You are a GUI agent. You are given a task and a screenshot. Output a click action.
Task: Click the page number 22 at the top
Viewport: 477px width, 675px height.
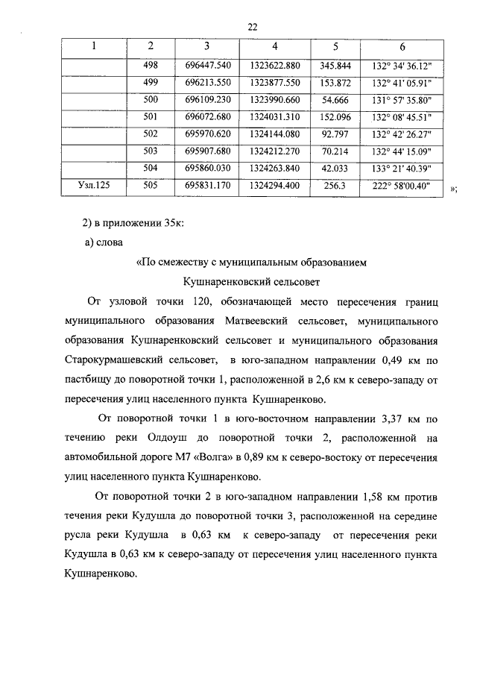(x=252, y=27)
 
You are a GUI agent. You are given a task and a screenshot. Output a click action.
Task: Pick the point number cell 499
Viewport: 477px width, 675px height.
(x=150, y=82)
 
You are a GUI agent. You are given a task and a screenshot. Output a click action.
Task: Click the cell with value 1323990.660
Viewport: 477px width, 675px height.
(x=275, y=99)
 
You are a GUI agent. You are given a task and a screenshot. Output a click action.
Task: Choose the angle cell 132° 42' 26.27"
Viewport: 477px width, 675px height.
(x=402, y=134)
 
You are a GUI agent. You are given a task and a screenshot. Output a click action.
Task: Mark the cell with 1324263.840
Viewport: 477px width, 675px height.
(x=275, y=168)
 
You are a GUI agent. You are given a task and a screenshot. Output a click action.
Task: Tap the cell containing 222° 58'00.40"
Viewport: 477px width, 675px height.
(x=402, y=186)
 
